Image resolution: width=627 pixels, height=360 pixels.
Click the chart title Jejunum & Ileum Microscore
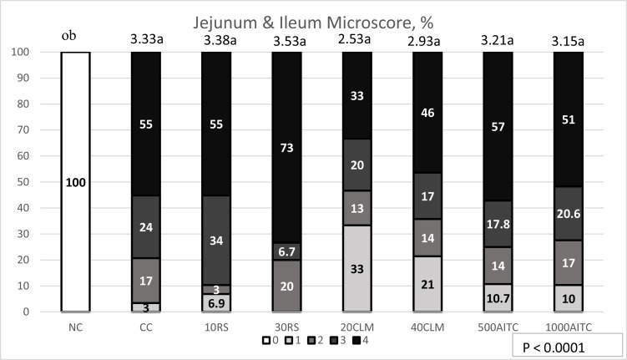(x=314, y=14)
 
